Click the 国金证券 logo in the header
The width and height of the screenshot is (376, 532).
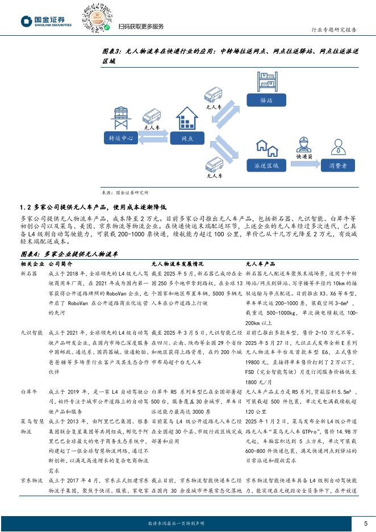[47, 21]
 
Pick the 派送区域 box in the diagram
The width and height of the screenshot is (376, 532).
[266, 165]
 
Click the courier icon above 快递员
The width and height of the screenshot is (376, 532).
[304, 143]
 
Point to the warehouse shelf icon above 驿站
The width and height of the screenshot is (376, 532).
[266, 82]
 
